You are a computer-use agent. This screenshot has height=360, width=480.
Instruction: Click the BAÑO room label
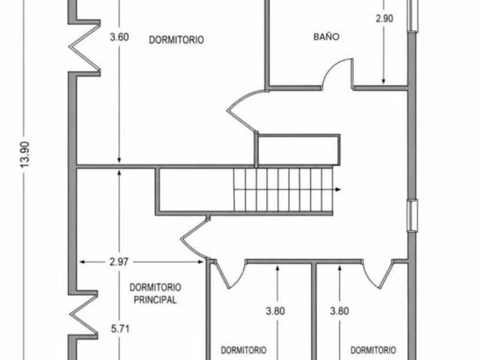tap(326, 37)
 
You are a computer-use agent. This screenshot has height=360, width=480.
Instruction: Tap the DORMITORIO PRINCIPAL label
tap(155, 294)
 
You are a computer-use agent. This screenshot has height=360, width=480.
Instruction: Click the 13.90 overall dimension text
tap(25, 154)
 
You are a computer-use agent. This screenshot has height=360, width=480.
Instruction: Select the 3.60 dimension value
tap(119, 37)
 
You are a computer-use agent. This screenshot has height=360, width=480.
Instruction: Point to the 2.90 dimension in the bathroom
tap(384, 18)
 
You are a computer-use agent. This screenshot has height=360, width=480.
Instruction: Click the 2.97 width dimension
tap(119, 262)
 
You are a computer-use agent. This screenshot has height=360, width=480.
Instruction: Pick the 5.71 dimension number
tap(120, 329)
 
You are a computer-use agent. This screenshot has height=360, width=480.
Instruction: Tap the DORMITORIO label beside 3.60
tap(177, 40)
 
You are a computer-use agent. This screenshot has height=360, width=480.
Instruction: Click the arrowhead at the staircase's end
tap(338, 190)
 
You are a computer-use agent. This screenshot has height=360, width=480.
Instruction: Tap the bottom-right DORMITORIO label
tap(373, 350)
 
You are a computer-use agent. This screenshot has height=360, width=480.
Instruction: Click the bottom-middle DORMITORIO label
tap(243, 350)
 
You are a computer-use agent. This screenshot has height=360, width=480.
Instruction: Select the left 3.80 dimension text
tap(275, 311)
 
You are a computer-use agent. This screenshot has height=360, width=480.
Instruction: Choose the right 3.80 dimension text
tap(339, 311)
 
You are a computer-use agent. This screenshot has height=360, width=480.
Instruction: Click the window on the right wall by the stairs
tap(412, 215)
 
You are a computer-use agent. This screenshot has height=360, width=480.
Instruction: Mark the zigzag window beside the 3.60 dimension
tap(85, 48)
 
